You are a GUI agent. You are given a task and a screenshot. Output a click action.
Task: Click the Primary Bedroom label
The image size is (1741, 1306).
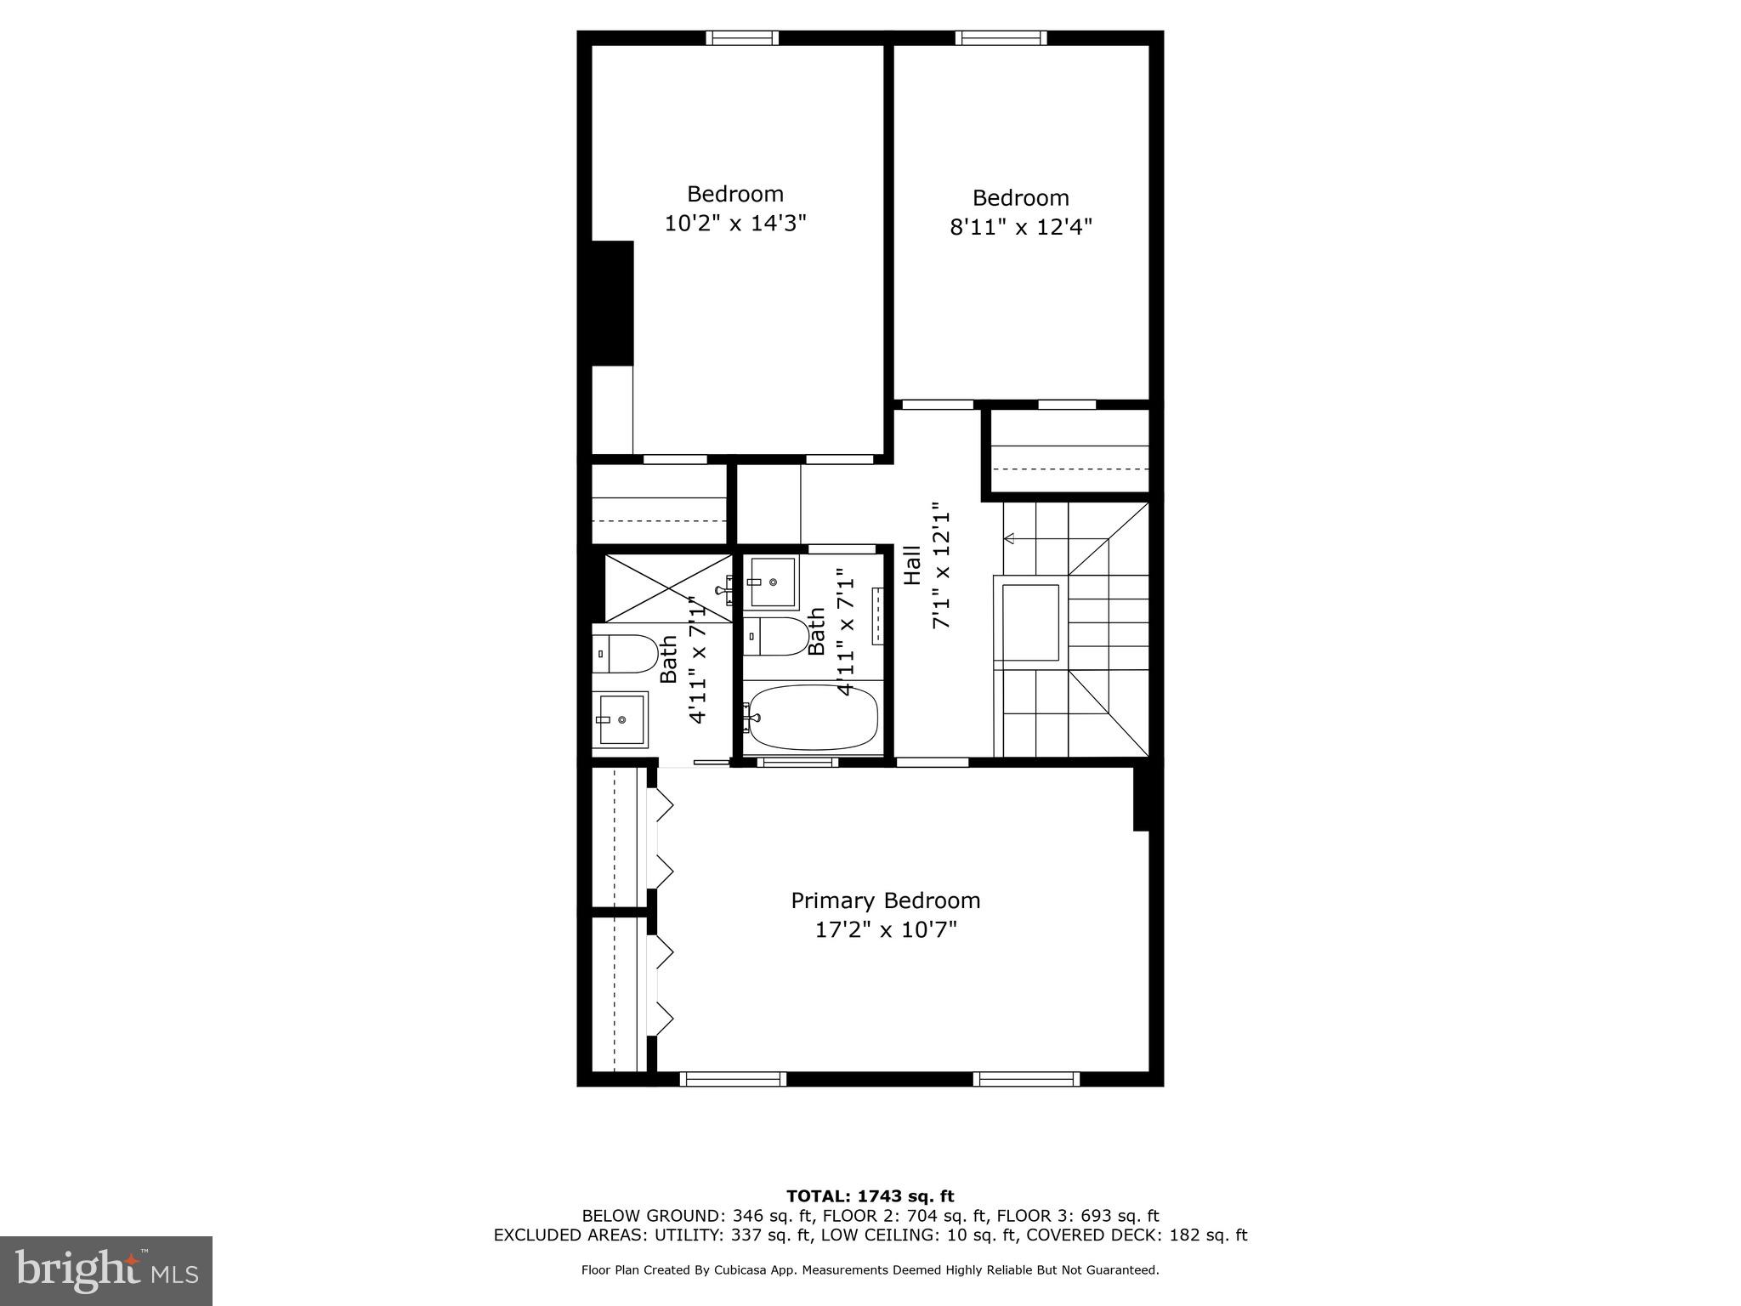(885, 900)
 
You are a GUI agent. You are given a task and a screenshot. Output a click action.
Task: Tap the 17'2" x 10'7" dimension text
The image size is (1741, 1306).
(885, 930)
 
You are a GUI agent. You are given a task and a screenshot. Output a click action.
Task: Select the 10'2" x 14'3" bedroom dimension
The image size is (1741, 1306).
(734, 224)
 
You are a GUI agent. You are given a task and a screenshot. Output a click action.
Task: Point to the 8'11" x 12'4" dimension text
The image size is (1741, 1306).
(1020, 228)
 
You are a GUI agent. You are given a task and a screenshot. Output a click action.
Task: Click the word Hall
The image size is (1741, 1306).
(912, 565)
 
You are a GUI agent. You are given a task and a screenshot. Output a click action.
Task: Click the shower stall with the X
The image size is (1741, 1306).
(668, 588)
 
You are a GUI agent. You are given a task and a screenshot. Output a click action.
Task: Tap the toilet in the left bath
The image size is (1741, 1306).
(624, 654)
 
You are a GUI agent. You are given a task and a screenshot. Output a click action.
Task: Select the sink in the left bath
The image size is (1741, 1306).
(620, 719)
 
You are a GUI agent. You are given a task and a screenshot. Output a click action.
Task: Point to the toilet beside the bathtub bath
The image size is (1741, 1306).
(777, 637)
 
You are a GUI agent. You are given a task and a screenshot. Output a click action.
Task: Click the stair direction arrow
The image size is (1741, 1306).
(1011, 538)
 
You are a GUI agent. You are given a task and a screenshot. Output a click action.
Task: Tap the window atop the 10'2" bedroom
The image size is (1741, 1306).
(742, 37)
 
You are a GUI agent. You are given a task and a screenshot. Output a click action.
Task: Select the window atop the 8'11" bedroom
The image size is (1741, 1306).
(1001, 37)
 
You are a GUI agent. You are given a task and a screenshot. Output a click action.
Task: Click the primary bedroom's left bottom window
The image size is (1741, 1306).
(733, 1079)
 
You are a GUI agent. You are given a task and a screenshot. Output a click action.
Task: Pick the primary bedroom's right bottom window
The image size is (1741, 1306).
(1026, 1079)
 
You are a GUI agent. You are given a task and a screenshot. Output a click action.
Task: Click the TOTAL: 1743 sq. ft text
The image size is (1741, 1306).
(870, 1196)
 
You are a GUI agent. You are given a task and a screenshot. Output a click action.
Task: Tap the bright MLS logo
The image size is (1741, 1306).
(106, 1271)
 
